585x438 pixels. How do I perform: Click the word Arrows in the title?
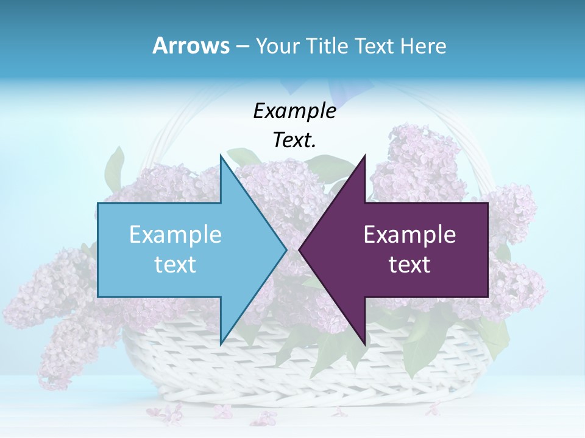pos(191,46)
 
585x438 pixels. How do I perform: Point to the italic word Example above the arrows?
pos(294,111)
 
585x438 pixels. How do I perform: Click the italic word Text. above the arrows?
pos(294,140)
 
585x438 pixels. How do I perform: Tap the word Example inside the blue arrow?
pos(175,235)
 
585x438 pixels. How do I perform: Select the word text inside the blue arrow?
pos(175,265)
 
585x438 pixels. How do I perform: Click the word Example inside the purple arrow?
pos(409,235)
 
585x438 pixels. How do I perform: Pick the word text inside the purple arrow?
pos(409,265)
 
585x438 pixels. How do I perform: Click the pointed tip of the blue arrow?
pos(286,249)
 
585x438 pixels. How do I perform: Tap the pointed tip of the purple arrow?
pos(300,249)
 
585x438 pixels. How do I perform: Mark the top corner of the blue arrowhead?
pos(221,157)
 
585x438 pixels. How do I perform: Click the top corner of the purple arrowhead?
pos(364,157)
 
